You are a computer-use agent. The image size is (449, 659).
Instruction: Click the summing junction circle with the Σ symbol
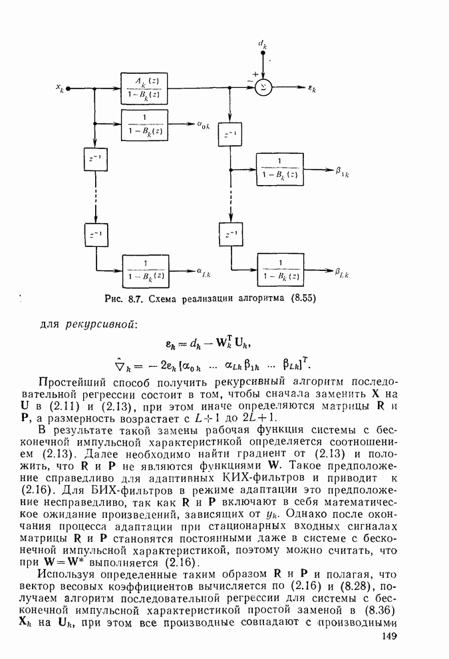tap(264, 87)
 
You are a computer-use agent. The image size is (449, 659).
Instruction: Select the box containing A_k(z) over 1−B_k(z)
tap(145, 87)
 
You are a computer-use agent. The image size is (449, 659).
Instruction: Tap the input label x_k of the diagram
tap(60, 87)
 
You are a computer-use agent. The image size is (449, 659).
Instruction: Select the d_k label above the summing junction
tap(263, 45)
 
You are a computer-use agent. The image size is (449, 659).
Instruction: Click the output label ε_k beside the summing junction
tap(312, 88)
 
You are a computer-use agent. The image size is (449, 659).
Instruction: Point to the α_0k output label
tap(205, 125)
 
